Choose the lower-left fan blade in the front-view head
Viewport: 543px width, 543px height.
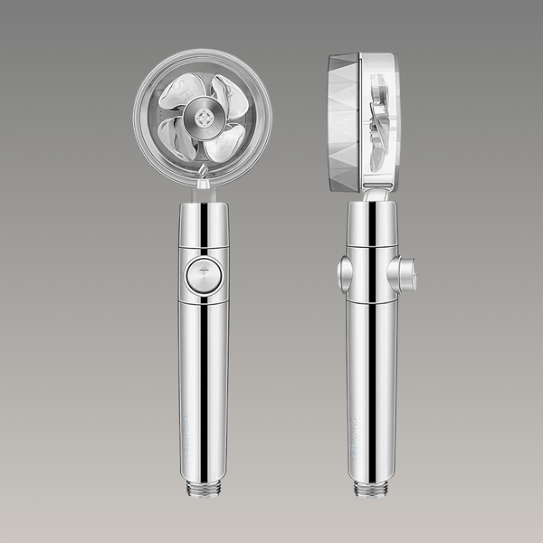click(x=178, y=138)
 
